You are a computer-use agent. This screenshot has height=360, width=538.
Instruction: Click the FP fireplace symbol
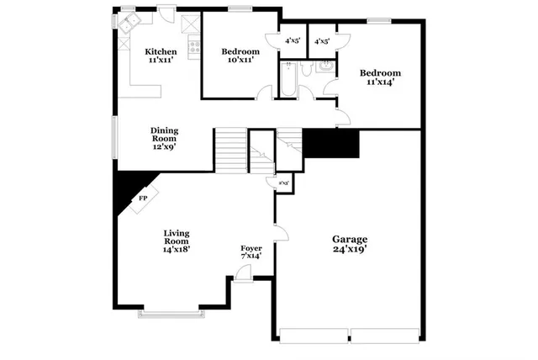pyautogui.click(x=143, y=199)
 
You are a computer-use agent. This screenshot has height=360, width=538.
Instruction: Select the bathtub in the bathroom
pyautogui.click(x=287, y=82)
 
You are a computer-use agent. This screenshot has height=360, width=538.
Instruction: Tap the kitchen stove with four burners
pyautogui.click(x=194, y=48)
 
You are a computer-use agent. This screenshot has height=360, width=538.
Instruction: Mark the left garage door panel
pyautogui.click(x=314, y=330)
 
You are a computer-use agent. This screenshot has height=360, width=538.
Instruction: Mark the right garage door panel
pyautogui.click(x=385, y=330)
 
